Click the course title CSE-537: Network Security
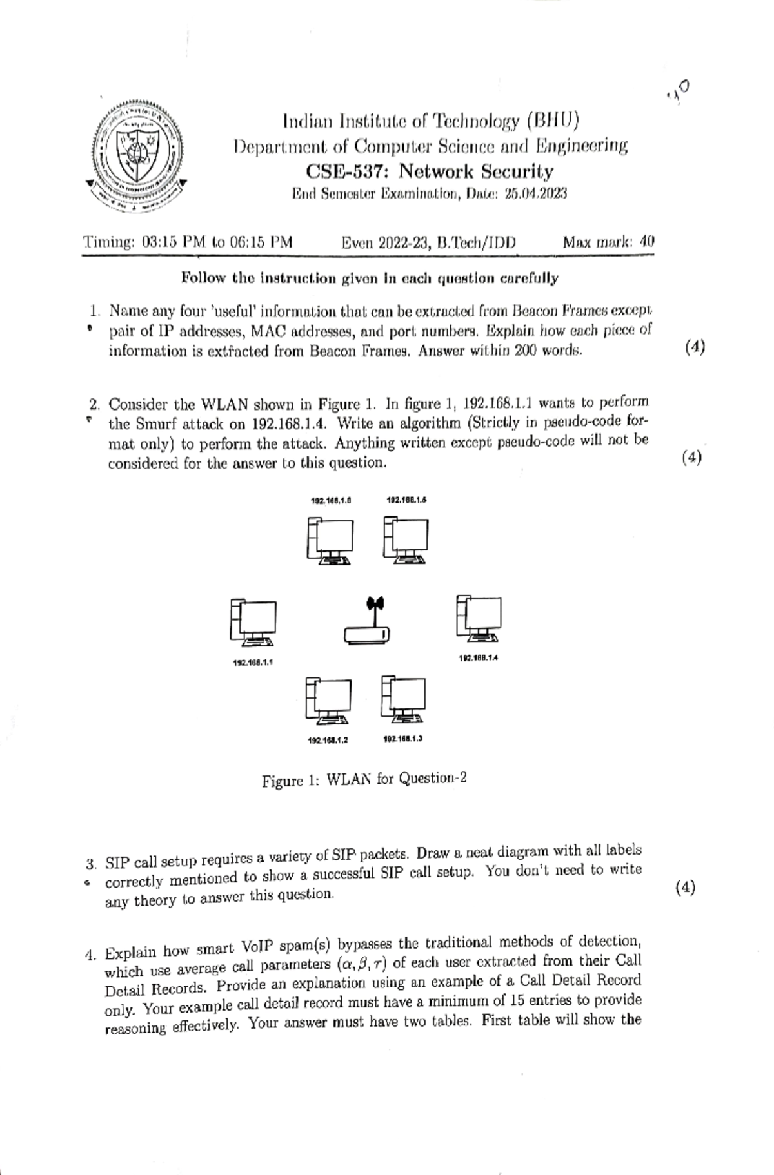pyautogui.click(x=430, y=171)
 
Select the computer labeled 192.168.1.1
pyautogui.click(x=253, y=623)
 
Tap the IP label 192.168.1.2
pyautogui.click(x=328, y=741)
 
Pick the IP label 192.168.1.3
pyautogui.click(x=402, y=739)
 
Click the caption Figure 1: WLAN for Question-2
pyautogui.click(x=364, y=779)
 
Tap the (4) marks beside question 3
pyautogui.click(x=685, y=888)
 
